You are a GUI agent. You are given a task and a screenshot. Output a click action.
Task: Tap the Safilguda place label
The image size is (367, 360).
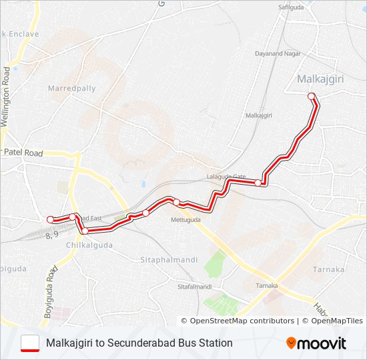pos(291,7)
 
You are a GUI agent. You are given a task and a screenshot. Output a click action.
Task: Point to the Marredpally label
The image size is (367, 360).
pos(72,88)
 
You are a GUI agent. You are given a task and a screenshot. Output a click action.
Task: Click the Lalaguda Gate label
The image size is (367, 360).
pos(226,178)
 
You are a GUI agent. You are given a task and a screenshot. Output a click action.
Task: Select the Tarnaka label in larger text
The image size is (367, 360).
pos(328,269)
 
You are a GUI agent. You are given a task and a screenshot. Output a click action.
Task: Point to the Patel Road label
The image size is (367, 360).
pos(23,153)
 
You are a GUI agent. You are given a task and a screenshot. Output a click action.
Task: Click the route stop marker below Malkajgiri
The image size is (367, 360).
pos(311,97)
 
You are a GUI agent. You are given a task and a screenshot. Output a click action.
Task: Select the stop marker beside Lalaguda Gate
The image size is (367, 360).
pos(258,183)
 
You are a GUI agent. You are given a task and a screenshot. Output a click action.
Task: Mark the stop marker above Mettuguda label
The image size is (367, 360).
pos(176,202)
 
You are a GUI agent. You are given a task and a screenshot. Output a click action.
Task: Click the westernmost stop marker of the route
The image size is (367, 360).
pos(50,219)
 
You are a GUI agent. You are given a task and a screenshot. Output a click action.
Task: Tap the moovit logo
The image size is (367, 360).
pos(316,343)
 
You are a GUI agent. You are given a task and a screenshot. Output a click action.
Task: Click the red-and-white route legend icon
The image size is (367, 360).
pos(30,343)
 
